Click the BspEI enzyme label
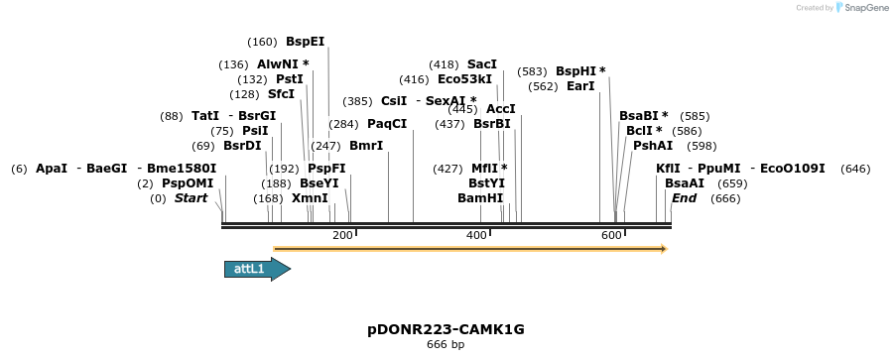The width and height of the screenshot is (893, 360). click(x=305, y=42)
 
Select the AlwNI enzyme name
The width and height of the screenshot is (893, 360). click(x=279, y=64)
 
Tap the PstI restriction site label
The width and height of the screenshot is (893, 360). click(x=290, y=79)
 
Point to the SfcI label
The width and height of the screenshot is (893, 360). click(x=281, y=94)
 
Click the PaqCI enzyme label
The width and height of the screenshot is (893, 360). click(x=387, y=124)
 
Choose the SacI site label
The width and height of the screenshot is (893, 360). click(x=482, y=64)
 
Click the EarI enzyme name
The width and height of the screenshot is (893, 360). click(x=580, y=86)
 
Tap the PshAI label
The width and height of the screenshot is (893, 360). click(x=653, y=145)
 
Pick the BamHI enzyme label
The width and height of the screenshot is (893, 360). click(x=480, y=198)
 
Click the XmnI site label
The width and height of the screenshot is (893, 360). click(x=310, y=198)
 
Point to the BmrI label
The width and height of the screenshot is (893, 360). click(x=366, y=146)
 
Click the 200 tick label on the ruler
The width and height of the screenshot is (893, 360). click(x=343, y=235)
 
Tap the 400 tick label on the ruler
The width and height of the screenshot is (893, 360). click(x=477, y=235)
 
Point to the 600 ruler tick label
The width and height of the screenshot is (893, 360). click(x=611, y=235)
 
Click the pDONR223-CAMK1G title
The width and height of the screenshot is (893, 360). click(x=446, y=328)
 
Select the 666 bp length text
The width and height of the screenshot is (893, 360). click(x=446, y=344)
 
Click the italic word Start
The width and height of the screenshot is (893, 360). click(x=191, y=198)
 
